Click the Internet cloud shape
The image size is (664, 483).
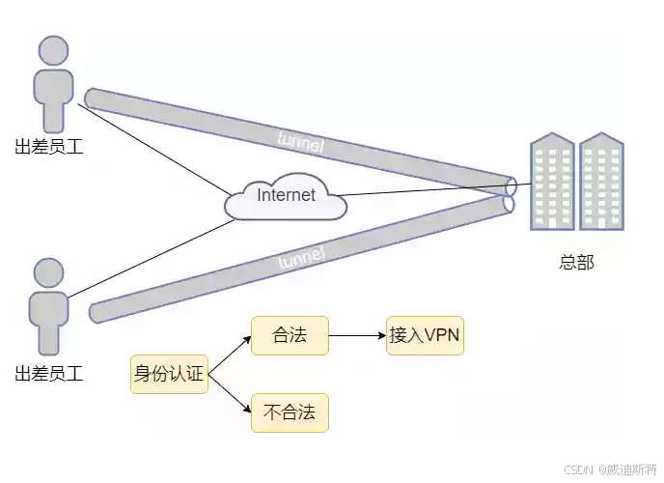click(x=286, y=196)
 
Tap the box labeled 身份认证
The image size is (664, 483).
click(x=169, y=374)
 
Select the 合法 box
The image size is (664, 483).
click(x=290, y=336)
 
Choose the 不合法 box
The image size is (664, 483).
click(x=290, y=412)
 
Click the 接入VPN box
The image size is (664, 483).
click(x=425, y=336)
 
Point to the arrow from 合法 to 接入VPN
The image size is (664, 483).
click(x=357, y=336)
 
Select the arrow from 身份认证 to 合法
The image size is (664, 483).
click(x=229, y=355)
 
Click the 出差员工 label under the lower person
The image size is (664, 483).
click(x=49, y=373)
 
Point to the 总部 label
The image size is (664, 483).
click(x=576, y=262)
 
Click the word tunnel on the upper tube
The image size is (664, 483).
click(x=300, y=142)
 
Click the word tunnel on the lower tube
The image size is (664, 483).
click(x=302, y=258)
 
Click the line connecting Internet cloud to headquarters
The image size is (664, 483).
click(x=425, y=189)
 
